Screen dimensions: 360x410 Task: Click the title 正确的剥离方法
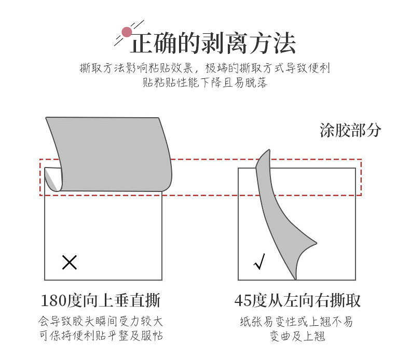(213, 43)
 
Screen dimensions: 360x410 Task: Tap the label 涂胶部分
(350, 130)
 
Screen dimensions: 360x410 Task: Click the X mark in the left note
(69, 262)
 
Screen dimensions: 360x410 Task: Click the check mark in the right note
(259, 262)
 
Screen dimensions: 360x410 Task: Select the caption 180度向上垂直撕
(100, 300)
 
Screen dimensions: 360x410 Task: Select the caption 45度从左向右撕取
(297, 300)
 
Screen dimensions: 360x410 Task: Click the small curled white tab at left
(52, 178)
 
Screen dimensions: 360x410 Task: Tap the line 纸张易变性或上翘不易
(296, 322)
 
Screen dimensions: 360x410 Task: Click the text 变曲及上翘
(297, 336)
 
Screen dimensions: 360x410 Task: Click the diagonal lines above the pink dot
(136, 25)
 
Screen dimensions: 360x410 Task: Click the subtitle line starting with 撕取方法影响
(204, 68)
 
